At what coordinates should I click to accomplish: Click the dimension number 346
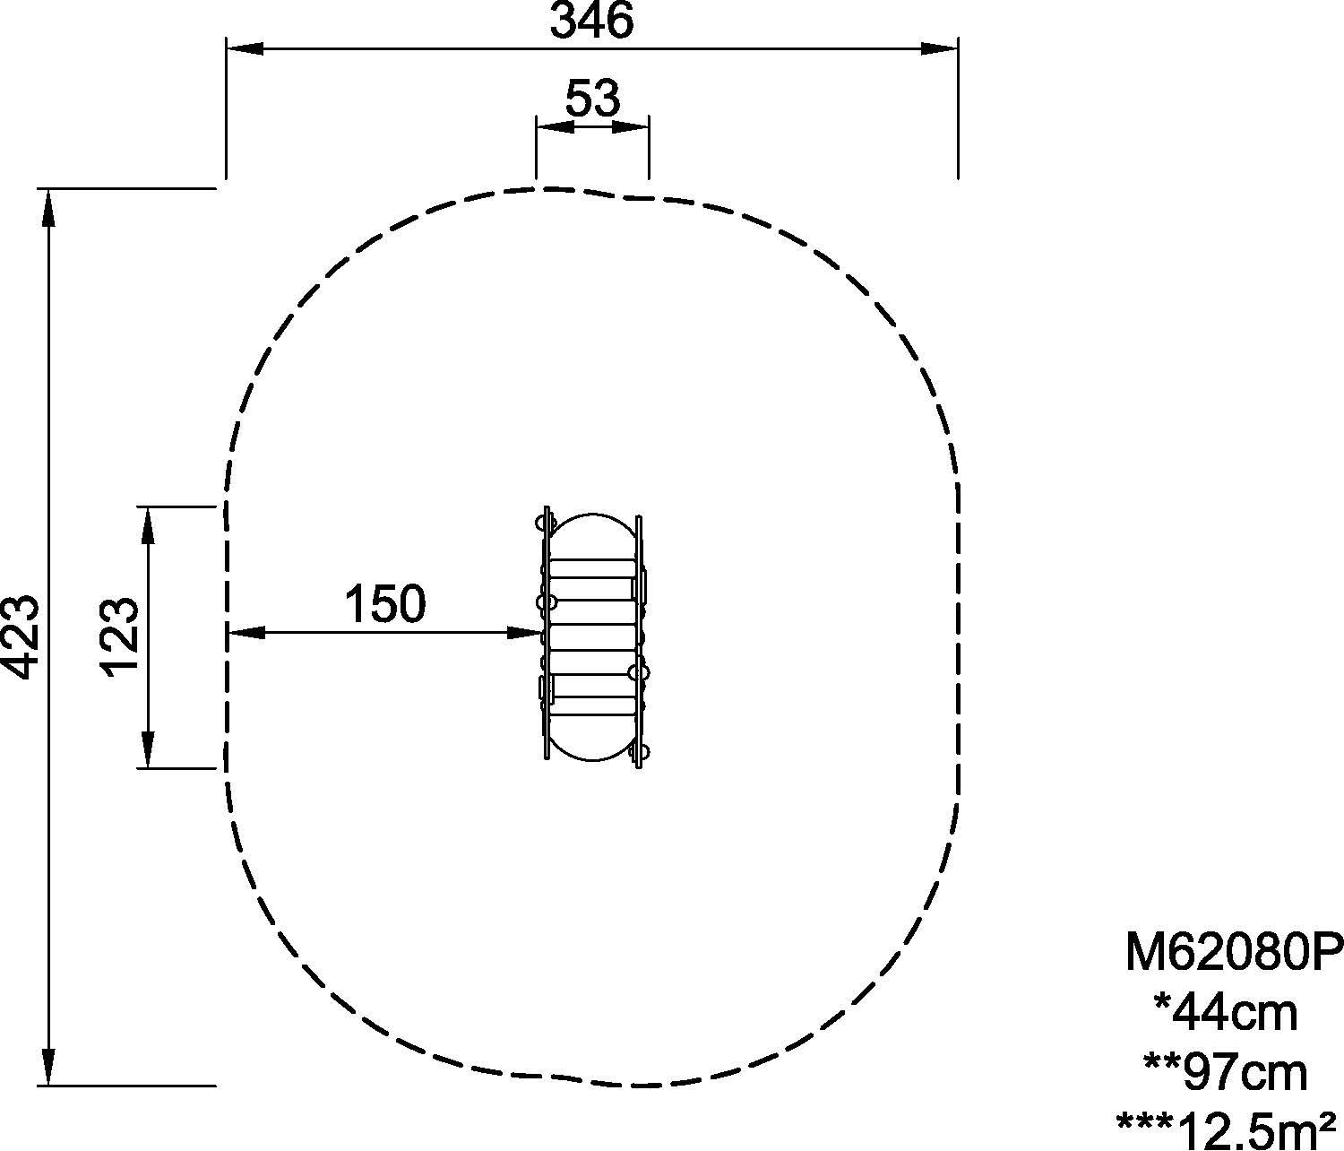[x=591, y=21]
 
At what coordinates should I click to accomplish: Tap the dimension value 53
[x=592, y=99]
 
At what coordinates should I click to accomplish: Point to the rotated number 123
[x=120, y=637]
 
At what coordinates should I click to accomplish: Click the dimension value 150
[x=385, y=604]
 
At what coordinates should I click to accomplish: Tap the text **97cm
[x=1225, y=1074]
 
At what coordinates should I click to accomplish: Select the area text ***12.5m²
[x=1226, y=1130]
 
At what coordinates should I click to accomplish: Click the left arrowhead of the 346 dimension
[x=245, y=48]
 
